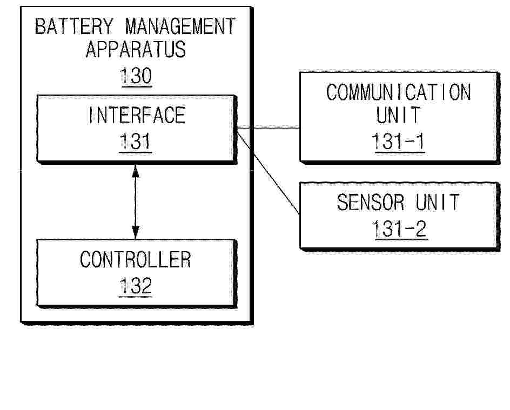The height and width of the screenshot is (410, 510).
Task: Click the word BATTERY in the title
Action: click(74, 26)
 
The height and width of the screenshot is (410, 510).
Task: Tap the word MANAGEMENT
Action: click(180, 26)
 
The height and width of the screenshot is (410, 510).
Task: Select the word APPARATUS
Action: click(136, 49)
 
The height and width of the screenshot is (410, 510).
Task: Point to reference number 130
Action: click(136, 76)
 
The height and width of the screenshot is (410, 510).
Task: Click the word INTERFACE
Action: click(137, 115)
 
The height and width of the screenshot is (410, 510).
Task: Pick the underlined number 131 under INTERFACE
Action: click(135, 142)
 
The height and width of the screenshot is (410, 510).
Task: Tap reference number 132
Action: click(136, 286)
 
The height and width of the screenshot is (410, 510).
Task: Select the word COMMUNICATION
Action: click(399, 92)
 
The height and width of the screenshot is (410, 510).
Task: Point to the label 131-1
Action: click(398, 141)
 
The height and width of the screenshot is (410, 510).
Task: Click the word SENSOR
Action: click(371, 202)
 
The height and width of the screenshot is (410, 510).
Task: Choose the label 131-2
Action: click(399, 228)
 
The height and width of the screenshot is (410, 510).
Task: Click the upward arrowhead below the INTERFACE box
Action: click(136, 171)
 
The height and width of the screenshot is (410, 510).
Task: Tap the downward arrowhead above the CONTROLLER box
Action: click(136, 232)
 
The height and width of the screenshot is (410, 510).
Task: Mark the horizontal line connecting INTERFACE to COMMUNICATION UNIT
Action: click(269, 128)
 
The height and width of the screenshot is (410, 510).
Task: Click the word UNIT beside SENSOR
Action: click(437, 202)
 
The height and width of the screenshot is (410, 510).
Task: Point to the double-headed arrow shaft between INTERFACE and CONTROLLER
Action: click(136, 202)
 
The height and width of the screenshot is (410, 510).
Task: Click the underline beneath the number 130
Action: click(136, 86)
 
